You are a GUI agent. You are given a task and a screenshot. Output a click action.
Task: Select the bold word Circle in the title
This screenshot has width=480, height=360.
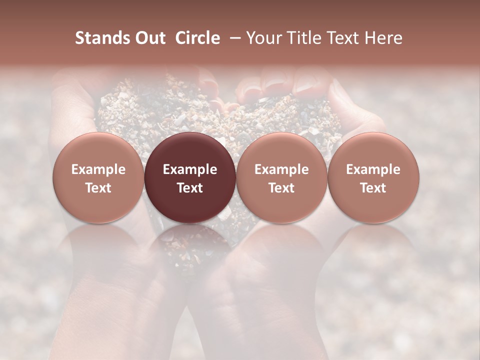tap(197, 38)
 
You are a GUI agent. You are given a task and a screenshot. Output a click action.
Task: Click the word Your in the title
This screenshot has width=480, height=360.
tap(263, 38)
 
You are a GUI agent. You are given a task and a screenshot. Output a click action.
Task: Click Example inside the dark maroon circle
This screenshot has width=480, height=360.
tap(190, 169)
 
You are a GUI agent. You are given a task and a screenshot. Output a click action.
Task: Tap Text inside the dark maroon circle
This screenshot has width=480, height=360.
tap(190, 188)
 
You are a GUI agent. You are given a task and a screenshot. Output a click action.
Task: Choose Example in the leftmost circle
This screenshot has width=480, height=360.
tap(98, 169)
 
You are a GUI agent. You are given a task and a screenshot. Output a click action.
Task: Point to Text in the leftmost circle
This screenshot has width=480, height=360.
tap(98, 188)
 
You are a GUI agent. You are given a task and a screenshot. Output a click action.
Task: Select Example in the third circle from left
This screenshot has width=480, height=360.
tap(281, 169)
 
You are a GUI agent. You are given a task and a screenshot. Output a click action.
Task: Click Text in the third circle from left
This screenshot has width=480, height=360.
tap(281, 188)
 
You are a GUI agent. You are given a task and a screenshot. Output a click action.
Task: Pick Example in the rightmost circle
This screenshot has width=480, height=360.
tap(373, 169)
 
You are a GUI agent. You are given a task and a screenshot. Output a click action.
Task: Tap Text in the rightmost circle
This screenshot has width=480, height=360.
tap(373, 188)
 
